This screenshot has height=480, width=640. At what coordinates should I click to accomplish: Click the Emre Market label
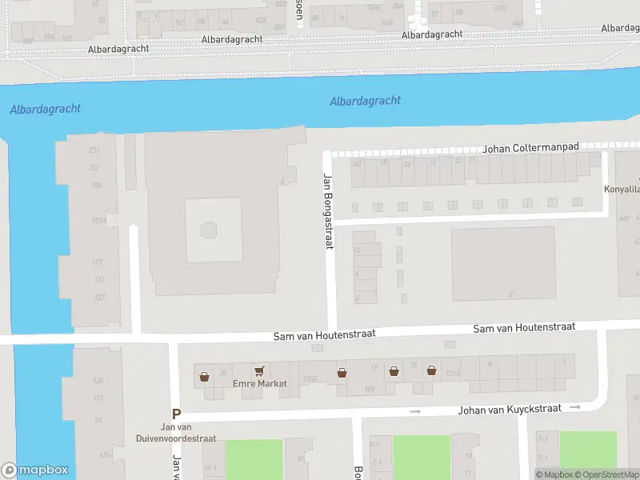pyautogui.click(x=259, y=384)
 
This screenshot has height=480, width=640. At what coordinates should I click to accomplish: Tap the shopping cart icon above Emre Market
pyautogui.click(x=258, y=371)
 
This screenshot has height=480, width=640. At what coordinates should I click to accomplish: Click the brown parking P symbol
pyautogui.click(x=176, y=414)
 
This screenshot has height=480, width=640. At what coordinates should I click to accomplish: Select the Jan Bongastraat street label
pyautogui.click(x=327, y=211)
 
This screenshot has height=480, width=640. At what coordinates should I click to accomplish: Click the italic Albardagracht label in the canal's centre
pyautogui.click(x=365, y=102)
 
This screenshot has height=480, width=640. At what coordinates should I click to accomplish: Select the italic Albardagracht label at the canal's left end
pyautogui.click(x=46, y=109)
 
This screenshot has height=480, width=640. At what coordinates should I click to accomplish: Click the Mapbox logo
pyautogui.click(x=35, y=470)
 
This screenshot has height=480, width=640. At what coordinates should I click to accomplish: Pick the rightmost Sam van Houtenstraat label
pyautogui.click(x=524, y=328)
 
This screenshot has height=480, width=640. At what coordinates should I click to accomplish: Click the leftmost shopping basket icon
pyautogui.click(x=205, y=375)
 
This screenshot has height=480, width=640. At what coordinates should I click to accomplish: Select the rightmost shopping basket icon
pyautogui.click(x=431, y=370)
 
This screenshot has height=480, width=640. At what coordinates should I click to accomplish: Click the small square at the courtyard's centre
pyautogui.click(x=210, y=231)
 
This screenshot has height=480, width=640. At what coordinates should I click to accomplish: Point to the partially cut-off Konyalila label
pyautogui.click(x=622, y=190)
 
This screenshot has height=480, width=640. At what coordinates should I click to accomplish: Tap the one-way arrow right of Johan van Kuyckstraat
pyautogui.click(x=574, y=408)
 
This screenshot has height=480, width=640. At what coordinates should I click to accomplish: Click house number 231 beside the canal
pyautogui.click(x=94, y=150)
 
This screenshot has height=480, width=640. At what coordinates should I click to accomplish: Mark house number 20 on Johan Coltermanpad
pyautogui.click(x=357, y=162)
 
